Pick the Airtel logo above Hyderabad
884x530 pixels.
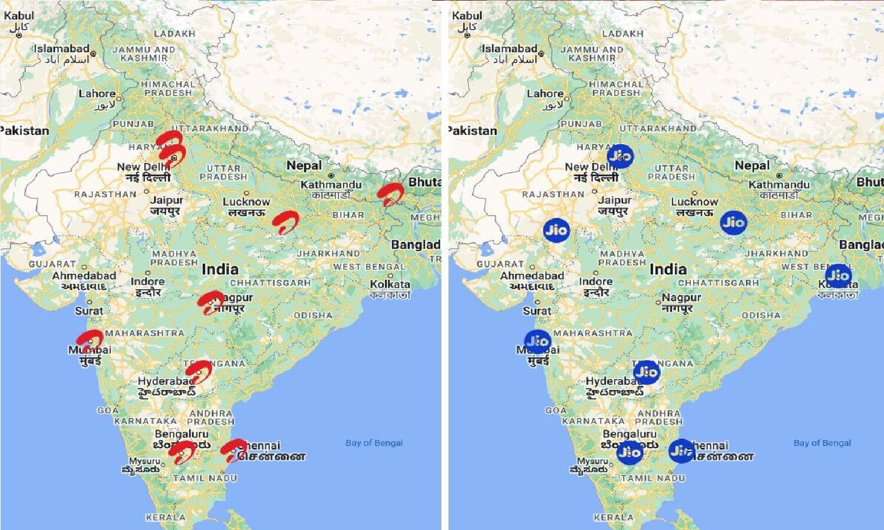[199, 372]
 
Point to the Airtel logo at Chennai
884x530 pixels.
[233, 450]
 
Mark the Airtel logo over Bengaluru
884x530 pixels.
[182, 452]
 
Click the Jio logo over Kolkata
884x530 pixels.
[838, 276]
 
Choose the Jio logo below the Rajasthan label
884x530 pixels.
[556, 230]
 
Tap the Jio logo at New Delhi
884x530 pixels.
[619, 156]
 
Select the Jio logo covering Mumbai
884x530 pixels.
[537, 342]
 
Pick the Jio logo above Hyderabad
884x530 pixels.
[646, 372]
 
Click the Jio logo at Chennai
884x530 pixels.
[681, 451]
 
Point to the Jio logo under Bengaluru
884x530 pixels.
[629, 452]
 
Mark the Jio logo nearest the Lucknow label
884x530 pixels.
[733, 223]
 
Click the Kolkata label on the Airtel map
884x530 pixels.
[390, 284]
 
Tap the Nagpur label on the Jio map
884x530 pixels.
[681, 298]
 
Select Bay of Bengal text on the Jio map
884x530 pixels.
[822, 443]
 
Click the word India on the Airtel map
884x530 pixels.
[220, 270]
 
